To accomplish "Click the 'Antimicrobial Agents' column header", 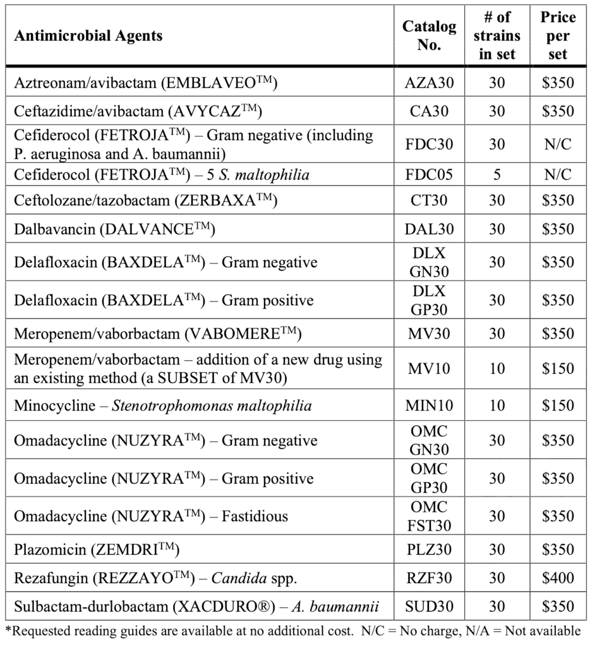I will (88, 35).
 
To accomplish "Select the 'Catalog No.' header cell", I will (429, 35).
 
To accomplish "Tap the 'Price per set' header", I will (558, 35).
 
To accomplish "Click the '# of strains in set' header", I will (497, 35).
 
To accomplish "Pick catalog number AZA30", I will (429, 83).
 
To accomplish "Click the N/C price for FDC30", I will (558, 144).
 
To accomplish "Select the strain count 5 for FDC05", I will (497, 174).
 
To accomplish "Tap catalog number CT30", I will (429, 200).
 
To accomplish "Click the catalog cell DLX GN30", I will (429, 262).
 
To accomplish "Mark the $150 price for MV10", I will (558, 368).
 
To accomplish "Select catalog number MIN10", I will (429, 405).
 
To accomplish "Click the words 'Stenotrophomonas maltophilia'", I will (212, 405).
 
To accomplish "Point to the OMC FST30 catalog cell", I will (429, 516).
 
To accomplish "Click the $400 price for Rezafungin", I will (558, 578).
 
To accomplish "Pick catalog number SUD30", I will (429, 607).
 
